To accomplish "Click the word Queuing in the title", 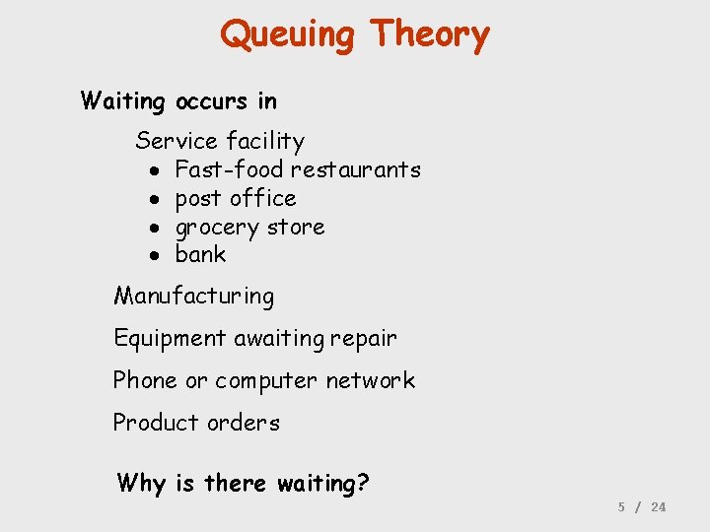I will point(287,34).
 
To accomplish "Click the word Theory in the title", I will point(429,34).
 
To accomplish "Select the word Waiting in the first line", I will point(123,100).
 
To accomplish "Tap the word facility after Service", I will point(265,142).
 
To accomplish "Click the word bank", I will point(200,254).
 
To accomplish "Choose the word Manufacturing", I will point(194,296).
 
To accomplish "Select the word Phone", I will point(145,380).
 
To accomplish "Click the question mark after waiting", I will point(363,483).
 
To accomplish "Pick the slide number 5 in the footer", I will point(621,506).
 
